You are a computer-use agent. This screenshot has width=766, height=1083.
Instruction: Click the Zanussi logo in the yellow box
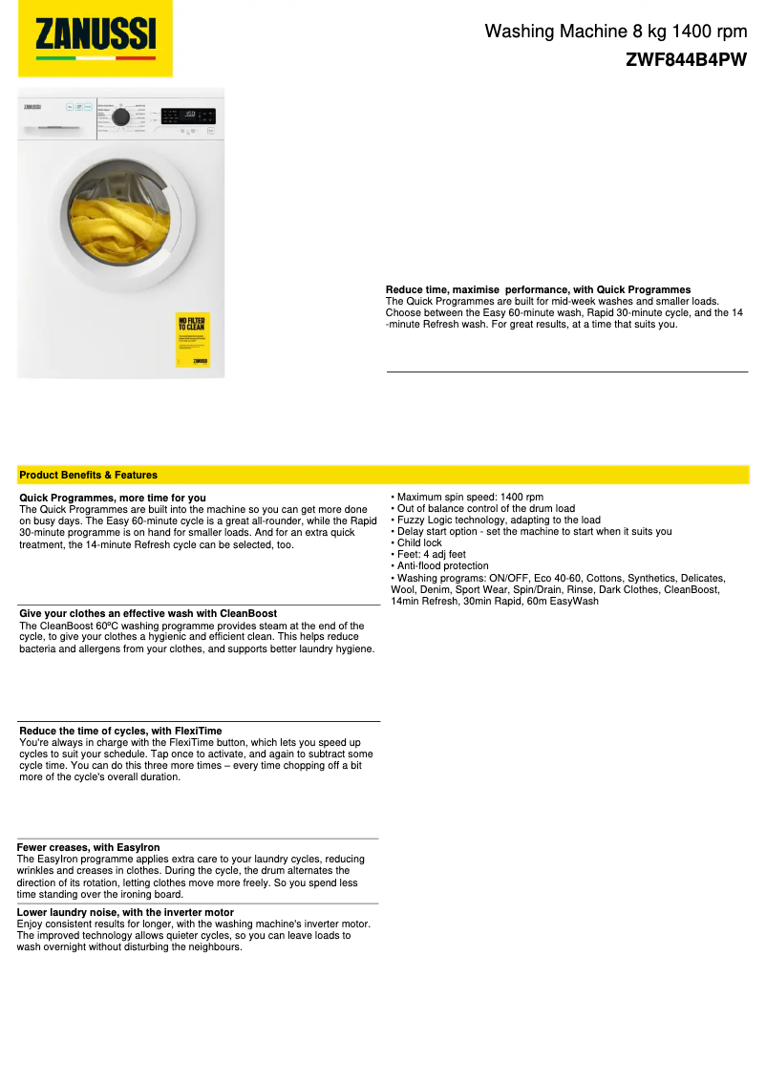pyautogui.click(x=96, y=37)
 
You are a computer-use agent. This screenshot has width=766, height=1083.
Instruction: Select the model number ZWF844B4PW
pyautogui.click(x=686, y=59)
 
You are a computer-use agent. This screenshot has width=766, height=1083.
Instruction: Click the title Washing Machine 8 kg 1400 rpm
pyautogui.click(x=615, y=32)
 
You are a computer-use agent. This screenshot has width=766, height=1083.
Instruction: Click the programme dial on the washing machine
pyautogui.click(x=121, y=117)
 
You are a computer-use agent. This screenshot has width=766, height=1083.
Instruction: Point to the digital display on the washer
pyautogui.click(x=187, y=116)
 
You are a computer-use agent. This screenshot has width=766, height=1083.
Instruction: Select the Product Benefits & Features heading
pyautogui.click(x=88, y=475)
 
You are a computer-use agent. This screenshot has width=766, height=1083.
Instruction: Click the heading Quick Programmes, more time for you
pyautogui.click(x=113, y=498)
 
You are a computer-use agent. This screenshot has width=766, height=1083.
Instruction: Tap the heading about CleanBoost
pyautogui.click(x=148, y=613)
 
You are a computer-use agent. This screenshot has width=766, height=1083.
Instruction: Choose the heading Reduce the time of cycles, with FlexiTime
pyautogui.click(x=120, y=731)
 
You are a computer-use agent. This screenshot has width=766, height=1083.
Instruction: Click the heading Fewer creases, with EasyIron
pyautogui.click(x=89, y=847)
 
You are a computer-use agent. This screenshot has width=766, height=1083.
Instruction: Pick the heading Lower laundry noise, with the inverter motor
pyautogui.click(x=125, y=912)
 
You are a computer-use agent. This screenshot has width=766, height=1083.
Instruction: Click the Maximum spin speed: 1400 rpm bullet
pyautogui.click(x=468, y=498)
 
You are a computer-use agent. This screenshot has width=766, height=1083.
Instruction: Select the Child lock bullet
pyautogui.click(x=418, y=543)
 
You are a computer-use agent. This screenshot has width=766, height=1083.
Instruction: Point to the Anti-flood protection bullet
pyautogui.click(x=441, y=566)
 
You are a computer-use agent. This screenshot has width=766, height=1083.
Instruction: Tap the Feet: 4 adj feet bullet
pyautogui.click(x=430, y=555)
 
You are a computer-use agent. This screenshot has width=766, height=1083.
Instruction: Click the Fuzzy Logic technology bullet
pyautogui.click(x=497, y=520)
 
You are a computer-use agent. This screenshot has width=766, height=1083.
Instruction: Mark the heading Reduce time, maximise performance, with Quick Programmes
pyautogui.click(x=538, y=289)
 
